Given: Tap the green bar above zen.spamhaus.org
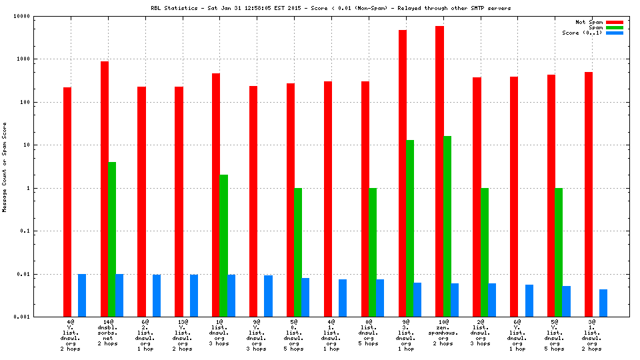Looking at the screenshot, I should tap(447, 226).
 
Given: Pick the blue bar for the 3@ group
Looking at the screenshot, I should tap(603, 303).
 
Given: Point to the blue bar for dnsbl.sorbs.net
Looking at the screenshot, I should tap(119, 295).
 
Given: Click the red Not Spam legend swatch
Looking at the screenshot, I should tap(614, 22).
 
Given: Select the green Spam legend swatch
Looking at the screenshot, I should tap(614, 27).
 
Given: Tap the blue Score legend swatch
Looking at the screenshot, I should tap(614, 33).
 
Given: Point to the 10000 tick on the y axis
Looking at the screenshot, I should tap(41, 16).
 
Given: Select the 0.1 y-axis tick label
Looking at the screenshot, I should tap(45, 231).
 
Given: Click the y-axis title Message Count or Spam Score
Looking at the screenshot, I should tap(5, 167).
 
